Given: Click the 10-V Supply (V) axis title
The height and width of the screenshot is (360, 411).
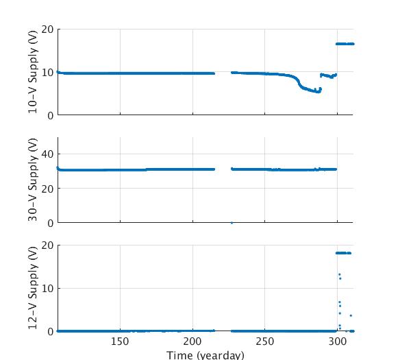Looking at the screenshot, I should pyautogui.click(x=33, y=72).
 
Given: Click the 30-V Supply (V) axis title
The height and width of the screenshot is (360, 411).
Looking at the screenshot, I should pyautogui.click(x=33, y=180).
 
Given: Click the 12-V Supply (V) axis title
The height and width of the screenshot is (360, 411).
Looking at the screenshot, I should pyautogui.click(x=33, y=288).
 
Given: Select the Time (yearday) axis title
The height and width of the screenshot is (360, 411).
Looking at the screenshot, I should pyautogui.click(x=205, y=355).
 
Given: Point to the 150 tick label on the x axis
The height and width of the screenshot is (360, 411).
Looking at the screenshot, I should pyautogui.click(x=120, y=341).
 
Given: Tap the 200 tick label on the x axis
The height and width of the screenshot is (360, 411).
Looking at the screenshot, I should pyautogui.click(x=192, y=341).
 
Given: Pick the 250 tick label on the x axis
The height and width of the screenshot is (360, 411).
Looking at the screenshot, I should pyautogui.click(x=265, y=341).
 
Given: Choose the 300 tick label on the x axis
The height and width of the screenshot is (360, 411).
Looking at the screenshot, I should pyautogui.click(x=338, y=341).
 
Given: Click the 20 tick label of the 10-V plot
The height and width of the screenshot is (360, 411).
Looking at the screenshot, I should pyautogui.click(x=47, y=29).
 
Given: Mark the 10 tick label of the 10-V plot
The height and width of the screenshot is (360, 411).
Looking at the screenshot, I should pyautogui.click(x=47, y=73).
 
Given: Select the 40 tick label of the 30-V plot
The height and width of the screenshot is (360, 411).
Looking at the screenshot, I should pyautogui.click(x=47, y=154).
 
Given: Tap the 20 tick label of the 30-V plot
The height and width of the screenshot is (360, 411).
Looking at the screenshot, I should pyautogui.click(x=47, y=189).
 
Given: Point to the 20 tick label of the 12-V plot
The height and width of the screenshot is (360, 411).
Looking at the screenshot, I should pyautogui.click(x=47, y=245).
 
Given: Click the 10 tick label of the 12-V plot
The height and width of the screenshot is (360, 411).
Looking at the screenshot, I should pyautogui.click(x=47, y=289).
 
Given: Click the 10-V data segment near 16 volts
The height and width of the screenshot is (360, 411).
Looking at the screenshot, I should pyautogui.click(x=345, y=44).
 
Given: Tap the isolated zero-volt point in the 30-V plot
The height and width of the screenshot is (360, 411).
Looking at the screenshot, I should pyautogui.click(x=232, y=222).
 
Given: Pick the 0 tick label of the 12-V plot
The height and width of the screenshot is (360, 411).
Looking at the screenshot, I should pyautogui.click(x=50, y=331).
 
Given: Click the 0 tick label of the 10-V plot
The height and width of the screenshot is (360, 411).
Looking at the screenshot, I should pyautogui.click(x=50, y=115).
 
